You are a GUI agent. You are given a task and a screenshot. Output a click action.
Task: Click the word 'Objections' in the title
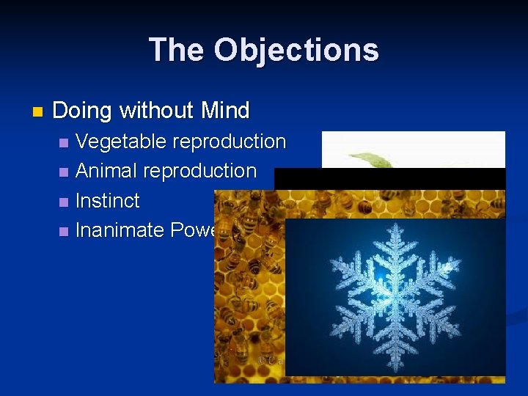point(296,50)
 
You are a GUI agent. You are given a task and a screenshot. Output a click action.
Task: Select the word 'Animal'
point(106,171)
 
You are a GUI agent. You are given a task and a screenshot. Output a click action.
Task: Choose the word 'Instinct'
point(108,201)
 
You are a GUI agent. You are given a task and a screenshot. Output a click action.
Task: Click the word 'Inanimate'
point(120,230)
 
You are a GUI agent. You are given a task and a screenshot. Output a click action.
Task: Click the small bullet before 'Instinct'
point(64,202)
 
